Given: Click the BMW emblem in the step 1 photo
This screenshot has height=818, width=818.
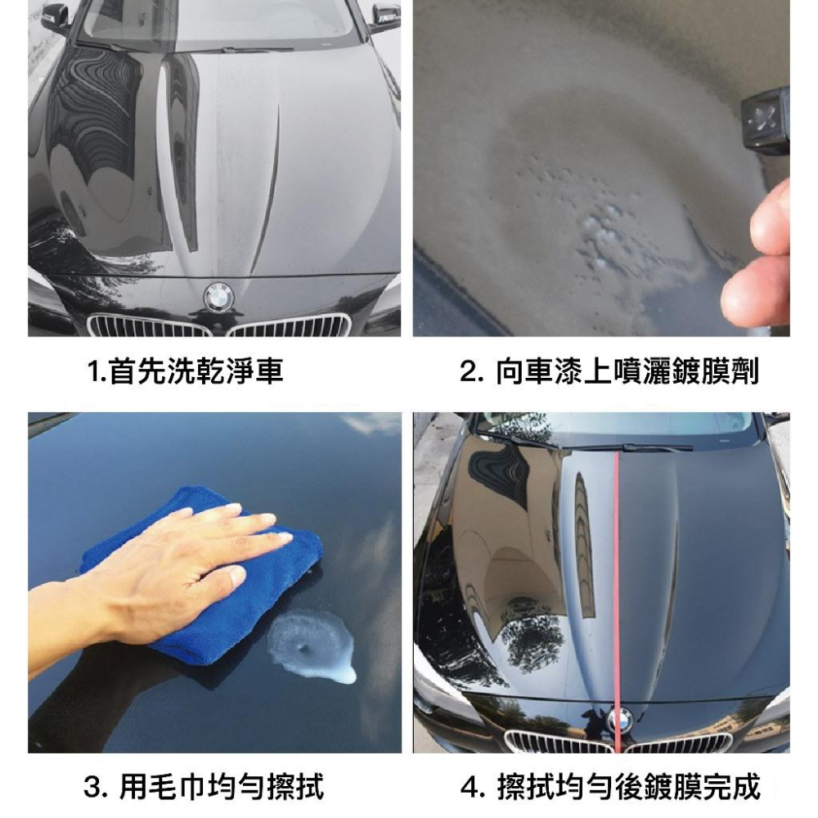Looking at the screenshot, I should coord(218,296).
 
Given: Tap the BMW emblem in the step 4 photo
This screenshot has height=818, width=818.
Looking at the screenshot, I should coord(621,720).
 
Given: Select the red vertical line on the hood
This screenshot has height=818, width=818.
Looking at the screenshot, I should coord(617,573).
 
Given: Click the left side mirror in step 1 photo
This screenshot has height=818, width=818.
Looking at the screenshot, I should coord(56,16).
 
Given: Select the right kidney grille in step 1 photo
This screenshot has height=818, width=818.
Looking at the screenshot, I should coord(290,326).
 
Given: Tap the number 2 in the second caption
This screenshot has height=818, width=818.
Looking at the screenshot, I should coord(468,373).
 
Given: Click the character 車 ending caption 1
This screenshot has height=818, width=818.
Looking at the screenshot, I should coord(270,373).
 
